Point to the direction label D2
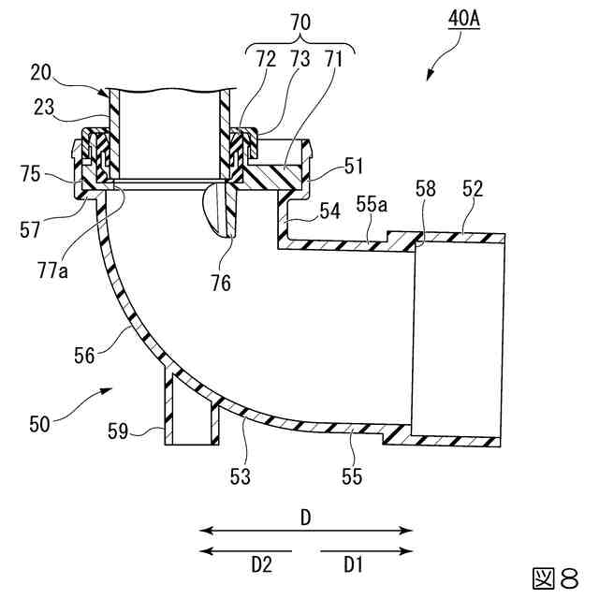(x=262, y=565)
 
